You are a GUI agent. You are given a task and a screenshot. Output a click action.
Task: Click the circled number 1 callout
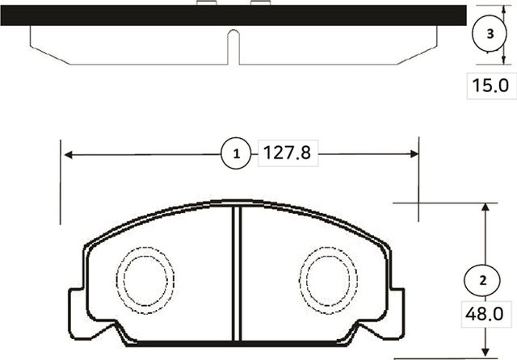coord(236,153)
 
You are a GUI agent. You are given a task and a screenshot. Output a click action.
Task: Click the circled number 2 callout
coord(482,280)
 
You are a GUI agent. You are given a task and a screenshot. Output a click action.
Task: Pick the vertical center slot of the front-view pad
coord(237,274)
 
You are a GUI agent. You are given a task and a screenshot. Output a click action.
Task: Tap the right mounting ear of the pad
coord(397,311)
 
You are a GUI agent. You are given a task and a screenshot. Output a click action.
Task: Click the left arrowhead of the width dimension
coord(68,153)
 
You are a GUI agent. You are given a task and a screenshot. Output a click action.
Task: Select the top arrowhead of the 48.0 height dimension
coord(484,208)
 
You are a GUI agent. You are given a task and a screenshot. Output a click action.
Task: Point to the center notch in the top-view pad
coord(233,44)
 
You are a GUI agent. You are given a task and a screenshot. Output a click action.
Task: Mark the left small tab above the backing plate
coord(207,3)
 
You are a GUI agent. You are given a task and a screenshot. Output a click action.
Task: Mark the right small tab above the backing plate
coord(259,3)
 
